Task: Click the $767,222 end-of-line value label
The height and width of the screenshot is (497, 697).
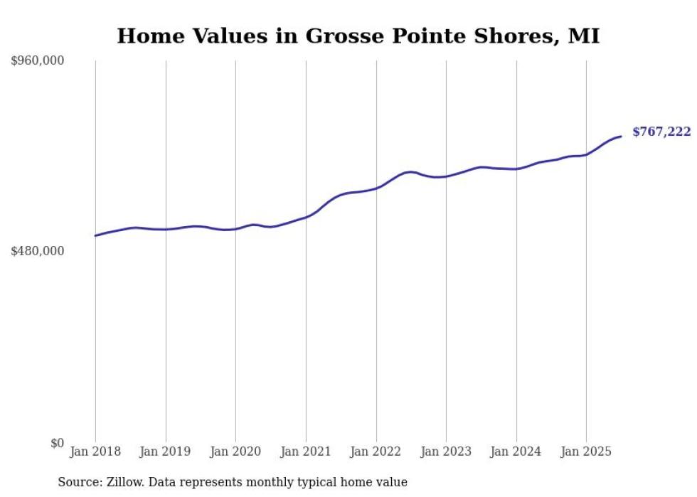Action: tap(661, 132)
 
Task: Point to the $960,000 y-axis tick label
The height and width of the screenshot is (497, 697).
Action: tap(38, 61)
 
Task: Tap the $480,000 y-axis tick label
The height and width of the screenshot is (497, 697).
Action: tap(38, 251)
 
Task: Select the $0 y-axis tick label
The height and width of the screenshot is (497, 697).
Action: tap(57, 443)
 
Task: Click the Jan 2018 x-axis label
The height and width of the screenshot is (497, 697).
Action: tap(95, 451)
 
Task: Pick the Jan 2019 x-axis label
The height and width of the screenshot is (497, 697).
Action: tap(166, 451)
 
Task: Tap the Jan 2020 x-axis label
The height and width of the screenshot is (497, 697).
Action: tap(235, 451)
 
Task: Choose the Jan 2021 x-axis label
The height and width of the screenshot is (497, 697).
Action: tap(306, 451)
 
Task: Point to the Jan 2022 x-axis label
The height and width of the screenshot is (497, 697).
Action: tap(376, 451)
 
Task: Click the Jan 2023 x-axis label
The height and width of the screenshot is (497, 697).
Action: tap(446, 451)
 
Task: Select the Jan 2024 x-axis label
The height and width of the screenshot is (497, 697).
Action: tap(516, 451)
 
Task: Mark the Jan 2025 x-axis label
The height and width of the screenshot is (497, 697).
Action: tap(586, 451)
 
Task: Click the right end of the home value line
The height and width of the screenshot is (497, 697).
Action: tap(621, 137)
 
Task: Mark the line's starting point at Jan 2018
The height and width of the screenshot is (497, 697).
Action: tap(95, 235)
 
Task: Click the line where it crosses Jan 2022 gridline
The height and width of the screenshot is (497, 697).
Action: tap(376, 188)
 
